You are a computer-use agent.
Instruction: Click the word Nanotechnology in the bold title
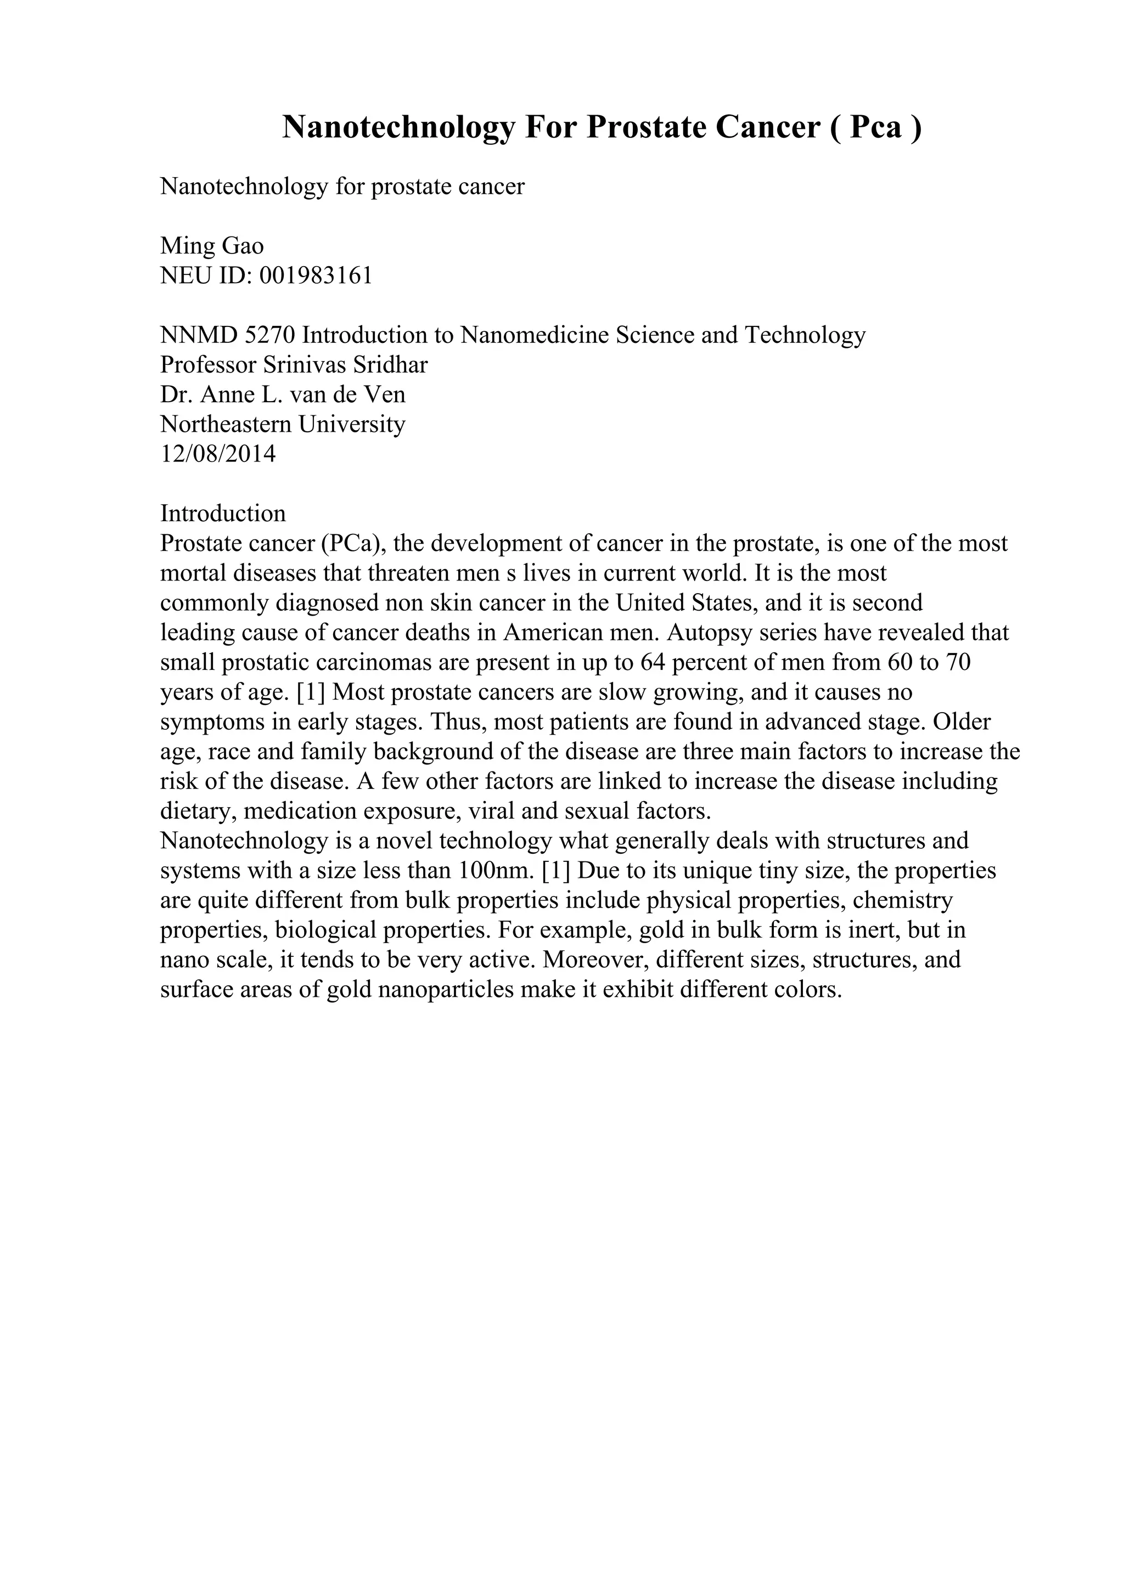tap(399, 127)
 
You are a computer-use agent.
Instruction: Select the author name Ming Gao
tap(212, 246)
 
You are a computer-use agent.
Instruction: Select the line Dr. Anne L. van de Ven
tap(283, 394)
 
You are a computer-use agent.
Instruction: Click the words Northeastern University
tap(283, 424)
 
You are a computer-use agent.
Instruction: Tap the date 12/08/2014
tap(218, 454)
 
